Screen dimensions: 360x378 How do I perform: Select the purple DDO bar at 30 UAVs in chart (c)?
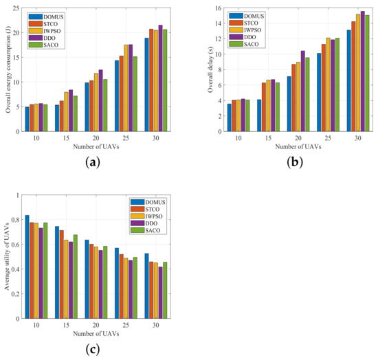point(161,293)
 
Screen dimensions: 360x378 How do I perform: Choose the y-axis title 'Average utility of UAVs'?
point(6,257)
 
